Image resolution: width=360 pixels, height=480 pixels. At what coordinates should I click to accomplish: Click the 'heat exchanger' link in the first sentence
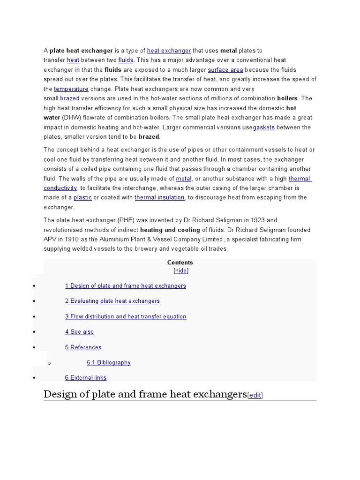pyautogui.click(x=169, y=51)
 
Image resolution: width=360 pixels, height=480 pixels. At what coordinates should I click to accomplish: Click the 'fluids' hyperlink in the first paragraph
pyautogui.click(x=126, y=60)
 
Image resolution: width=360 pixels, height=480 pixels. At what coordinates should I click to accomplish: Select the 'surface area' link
pyautogui.click(x=225, y=70)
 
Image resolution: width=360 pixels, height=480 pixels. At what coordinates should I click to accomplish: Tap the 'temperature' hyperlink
pyautogui.click(x=71, y=89)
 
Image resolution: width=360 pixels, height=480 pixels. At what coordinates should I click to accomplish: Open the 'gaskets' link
pyautogui.click(x=264, y=127)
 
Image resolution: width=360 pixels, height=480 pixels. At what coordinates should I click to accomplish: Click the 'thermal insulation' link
pyautogui.click(x=159, y=198)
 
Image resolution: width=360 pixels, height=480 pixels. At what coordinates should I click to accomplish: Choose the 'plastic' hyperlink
pyautogui.click(x=82, y=198)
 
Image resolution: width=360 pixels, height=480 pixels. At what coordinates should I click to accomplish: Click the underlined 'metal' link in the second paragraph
pyautogui.click(x=184, y=179)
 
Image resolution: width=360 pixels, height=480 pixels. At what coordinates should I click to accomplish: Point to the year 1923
pyautogui.click(x=258, y=220)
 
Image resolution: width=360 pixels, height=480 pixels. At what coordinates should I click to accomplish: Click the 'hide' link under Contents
pyautogui.click(x=181, y=271)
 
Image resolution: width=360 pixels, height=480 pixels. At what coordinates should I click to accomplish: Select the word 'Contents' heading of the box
pyautogui.click(x=180, y=262)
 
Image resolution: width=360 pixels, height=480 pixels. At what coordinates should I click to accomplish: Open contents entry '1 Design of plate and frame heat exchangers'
pyautogui.click(x=126, y=286)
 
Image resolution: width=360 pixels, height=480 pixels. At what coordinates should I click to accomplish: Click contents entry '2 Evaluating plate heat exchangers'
pyautogui.click(x=112, y=301)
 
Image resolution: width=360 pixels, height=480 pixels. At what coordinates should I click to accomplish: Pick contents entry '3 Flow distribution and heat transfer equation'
pyautogui.click(x=126, y=316)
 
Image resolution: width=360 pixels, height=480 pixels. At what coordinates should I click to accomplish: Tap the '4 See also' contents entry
pyautogui.click(x=80, y=332)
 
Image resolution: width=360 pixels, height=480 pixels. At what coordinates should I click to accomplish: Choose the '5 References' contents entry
pyautogui.click(x=83, y=347)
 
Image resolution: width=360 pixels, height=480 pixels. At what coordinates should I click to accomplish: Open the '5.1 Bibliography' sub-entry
pyautogui.click(x=109, y=362)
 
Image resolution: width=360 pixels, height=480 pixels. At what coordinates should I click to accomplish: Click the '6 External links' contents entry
pyautogui.click(x=86, y=378)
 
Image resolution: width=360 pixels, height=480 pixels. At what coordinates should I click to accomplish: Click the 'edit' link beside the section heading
pyautogui.click(x=255, y=396)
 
